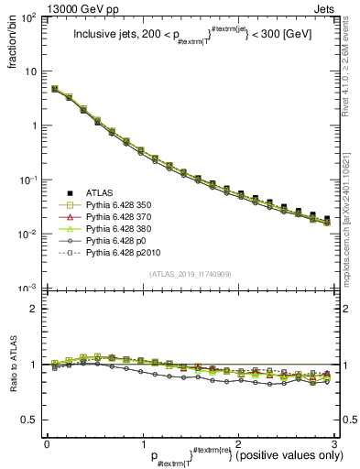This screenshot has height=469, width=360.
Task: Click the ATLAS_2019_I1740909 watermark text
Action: pos(190,274)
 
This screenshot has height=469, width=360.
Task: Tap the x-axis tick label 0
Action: pos(47,444)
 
